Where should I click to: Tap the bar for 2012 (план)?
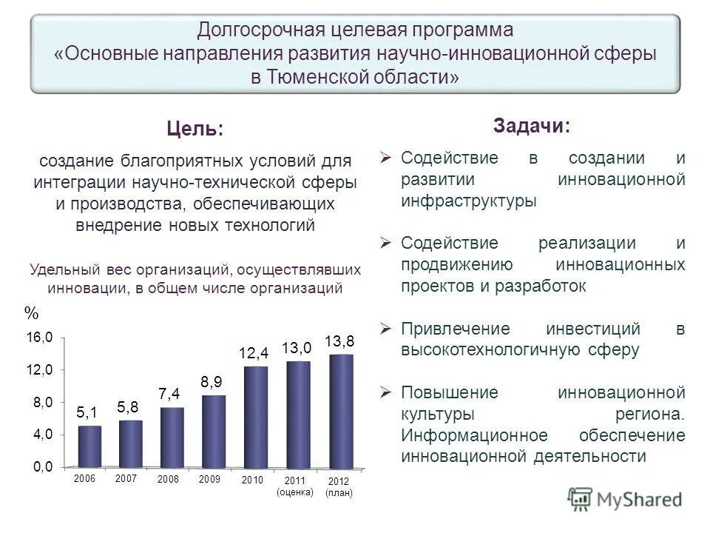341,411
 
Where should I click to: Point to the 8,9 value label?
212,381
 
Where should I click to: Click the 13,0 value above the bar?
297,348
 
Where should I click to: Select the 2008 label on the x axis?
169,480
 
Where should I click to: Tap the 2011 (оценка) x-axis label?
294,486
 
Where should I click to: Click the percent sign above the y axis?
30,313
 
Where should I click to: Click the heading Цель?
195,129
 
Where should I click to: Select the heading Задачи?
532,126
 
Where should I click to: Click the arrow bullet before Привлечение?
385,328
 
